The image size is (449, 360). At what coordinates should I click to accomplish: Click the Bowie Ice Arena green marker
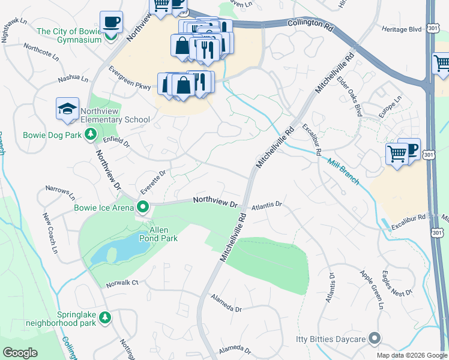coord(143,208)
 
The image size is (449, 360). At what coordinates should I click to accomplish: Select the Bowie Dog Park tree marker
coord(91,134)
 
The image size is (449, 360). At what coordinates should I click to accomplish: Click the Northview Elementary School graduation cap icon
coord(67,108)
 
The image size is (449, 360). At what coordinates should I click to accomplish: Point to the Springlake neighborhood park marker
coord(105,317)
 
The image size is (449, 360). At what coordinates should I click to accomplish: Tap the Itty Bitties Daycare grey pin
coord(375,339)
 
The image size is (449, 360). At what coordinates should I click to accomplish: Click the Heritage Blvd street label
coord(402,29)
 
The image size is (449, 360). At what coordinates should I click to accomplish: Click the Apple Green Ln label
coord(371,289)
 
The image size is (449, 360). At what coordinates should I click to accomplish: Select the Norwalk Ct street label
coord(122,283)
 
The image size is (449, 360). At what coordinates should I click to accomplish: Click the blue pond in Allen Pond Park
coord(120,248)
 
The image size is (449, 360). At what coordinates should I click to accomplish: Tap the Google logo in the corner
coord(20,352)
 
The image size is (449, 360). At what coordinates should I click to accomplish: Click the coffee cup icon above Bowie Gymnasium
coord(111,22)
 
